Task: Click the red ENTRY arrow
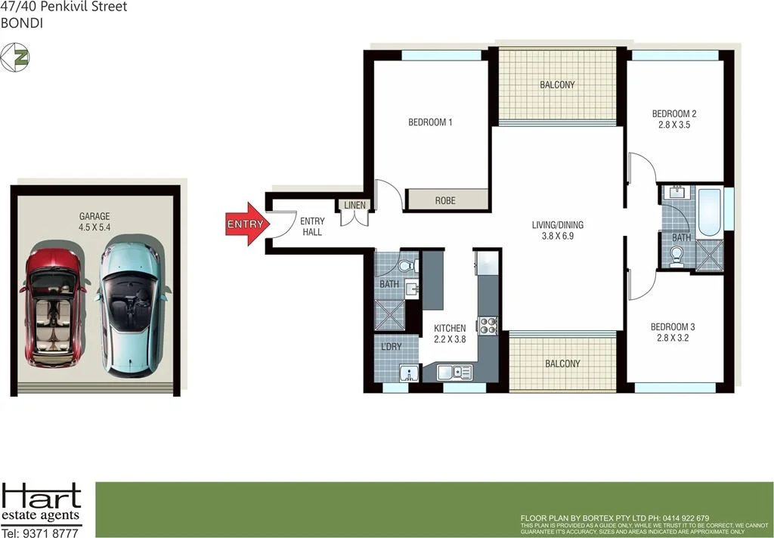(x=246, y=224)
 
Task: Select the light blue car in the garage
(x=128, y=306)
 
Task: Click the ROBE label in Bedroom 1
(x=445, y=201)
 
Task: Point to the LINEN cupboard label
(x=354, y=206)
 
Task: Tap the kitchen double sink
(x=454, y=372)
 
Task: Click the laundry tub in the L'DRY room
(x=409, y=374)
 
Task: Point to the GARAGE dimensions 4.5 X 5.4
(x=94, y=227)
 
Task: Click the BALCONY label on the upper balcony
(x=557, y=85)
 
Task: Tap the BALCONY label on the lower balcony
(x=563, y=363)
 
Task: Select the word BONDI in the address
(x=20, y=23)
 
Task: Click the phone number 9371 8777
(x=51, y=532)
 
